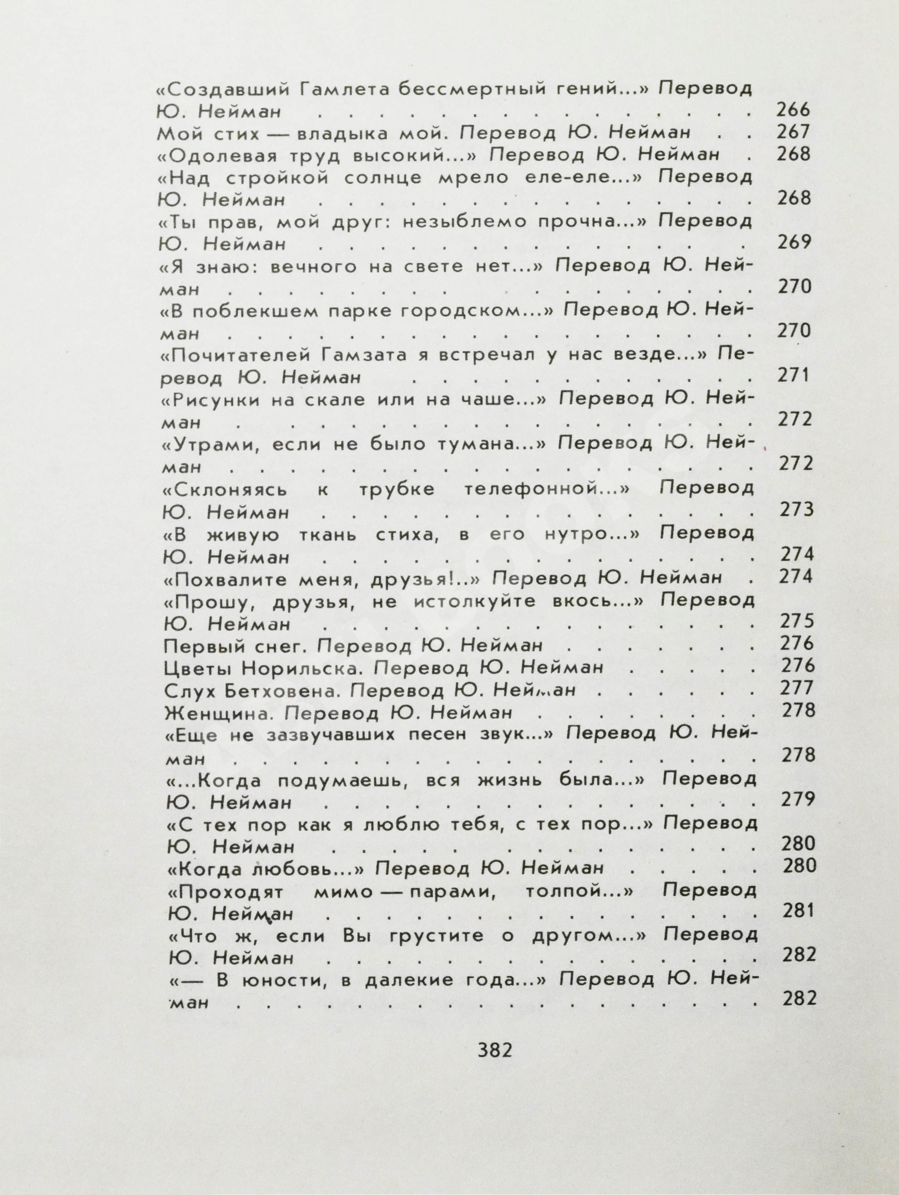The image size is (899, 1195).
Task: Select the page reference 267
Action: click(793, 132)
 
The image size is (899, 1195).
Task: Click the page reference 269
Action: click(794, 243)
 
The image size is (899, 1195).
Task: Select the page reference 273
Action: click(796, 509)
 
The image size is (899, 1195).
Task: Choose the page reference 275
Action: click(796, 621)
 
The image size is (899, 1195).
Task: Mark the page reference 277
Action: click(796, 688)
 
